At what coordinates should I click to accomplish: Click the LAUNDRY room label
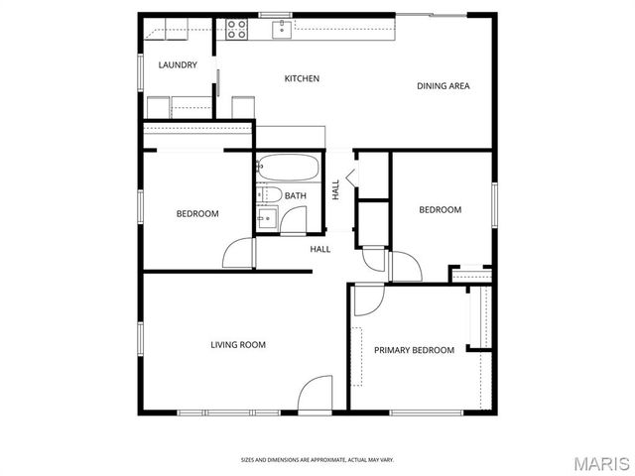(178, 65)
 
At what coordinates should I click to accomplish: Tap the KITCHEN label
(302, 78)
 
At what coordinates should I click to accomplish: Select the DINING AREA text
(443, 86)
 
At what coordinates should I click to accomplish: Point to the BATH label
(296, 195)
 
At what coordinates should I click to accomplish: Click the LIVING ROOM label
(238, 345)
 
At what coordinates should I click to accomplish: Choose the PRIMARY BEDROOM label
(414, 350)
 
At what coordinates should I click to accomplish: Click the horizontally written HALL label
(320, 249)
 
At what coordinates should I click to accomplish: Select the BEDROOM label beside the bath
(197, 214)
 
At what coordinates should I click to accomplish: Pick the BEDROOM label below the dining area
(440, 209)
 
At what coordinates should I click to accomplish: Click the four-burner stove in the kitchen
(236, 30)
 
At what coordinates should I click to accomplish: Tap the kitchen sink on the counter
(283, 28)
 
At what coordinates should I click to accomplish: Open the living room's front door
(316, 394)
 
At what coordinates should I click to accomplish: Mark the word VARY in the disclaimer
(386, 459)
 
